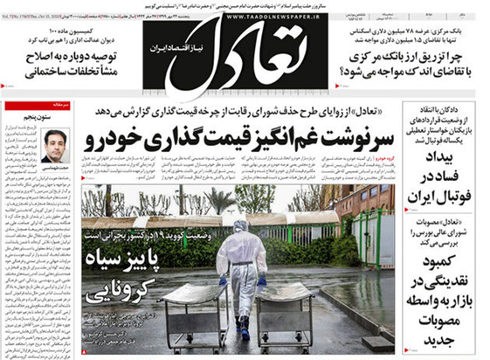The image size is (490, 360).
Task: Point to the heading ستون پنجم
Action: [x=53, y=115]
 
